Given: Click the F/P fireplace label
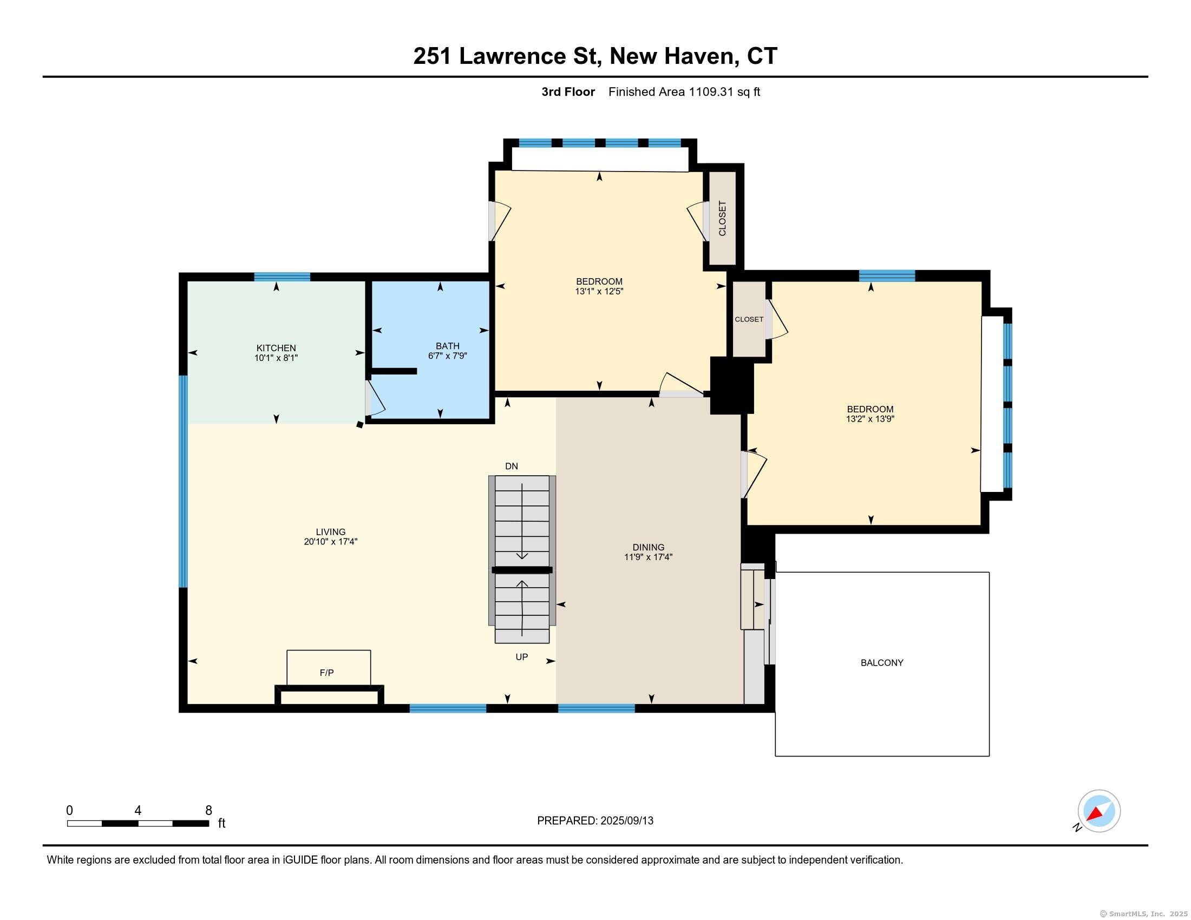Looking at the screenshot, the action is coord(326,673).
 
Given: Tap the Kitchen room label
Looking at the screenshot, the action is coord(276,348).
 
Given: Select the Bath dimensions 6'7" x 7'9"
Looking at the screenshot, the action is coord(447,356).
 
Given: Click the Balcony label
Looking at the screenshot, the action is coord(882,663).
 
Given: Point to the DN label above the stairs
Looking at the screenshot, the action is coord(512,466).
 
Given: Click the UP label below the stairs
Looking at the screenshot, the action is coord(522,657).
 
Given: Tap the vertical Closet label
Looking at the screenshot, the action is coord(723,219).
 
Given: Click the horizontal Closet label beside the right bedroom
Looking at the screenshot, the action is coord(749,319).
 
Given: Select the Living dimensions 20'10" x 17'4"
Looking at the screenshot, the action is coord(330,542).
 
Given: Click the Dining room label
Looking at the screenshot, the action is coord(649,547).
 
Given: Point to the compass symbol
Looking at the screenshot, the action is coord(1098,811).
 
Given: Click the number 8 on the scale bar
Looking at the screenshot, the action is coord(208,811).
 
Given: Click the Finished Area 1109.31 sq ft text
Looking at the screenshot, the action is coord(684,92).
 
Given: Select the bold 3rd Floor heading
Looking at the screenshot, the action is coord(568,92).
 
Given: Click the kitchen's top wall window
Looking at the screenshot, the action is coord(282,277).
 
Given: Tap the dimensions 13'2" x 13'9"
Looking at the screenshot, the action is coord(870,419).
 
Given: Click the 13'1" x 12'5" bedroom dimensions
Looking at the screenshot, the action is coord(599,292).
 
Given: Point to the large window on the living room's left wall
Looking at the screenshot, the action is coord(183,481).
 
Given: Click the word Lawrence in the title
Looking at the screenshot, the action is coord(513,56).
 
